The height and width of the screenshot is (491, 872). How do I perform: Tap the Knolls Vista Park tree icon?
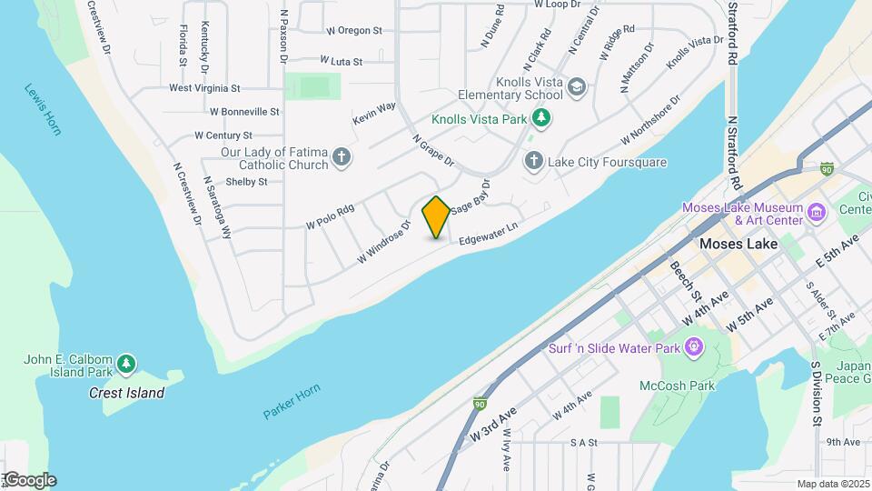tap(541, 116)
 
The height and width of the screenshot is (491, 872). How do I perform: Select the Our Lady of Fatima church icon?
tap(342, 158)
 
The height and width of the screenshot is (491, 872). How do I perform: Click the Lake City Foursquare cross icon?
tap(534, 161)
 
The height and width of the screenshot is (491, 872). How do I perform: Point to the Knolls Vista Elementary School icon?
tap(577, 87)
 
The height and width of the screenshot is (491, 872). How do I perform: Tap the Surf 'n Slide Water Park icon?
tap(695, 346)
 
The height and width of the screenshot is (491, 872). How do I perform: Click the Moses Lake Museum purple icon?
tap(817, 213)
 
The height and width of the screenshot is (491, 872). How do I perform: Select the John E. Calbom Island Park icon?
tap(126, 365)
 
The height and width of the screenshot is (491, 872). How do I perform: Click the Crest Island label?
tap(126, 393)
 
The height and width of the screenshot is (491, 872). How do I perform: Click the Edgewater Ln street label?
tap(494, 233)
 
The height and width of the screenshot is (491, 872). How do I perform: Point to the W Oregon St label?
tap(353, 30)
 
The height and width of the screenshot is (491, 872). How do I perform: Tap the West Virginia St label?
tap(204, 88)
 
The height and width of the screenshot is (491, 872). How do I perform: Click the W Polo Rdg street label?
tap(330, 216)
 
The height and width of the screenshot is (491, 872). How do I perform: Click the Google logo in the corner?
tap(29, 480)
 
